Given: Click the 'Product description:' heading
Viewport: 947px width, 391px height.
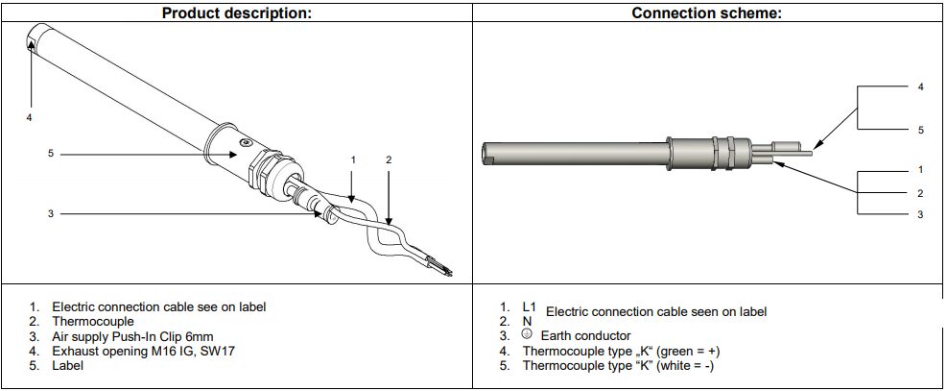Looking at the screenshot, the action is (x=237, y=12).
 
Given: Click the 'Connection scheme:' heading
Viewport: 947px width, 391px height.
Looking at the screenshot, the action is (x=706, y=12).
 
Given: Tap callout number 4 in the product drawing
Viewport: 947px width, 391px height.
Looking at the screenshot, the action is (x=29, y=118).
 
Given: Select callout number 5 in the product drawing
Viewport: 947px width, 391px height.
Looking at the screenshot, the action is (x=51, y=154).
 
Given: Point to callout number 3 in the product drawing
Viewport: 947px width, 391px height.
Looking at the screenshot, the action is (x=51, y=213).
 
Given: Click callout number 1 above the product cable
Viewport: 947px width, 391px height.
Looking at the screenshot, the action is (x=353, y=160).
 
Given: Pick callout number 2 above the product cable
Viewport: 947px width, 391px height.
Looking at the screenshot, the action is (x=389, y=160).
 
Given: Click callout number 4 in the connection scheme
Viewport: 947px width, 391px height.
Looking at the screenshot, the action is (x=920, y=87).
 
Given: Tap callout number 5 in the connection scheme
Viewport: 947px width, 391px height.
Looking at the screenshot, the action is (x=920, y=130).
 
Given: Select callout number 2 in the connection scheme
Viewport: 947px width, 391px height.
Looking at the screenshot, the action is (x=920, y=193).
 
